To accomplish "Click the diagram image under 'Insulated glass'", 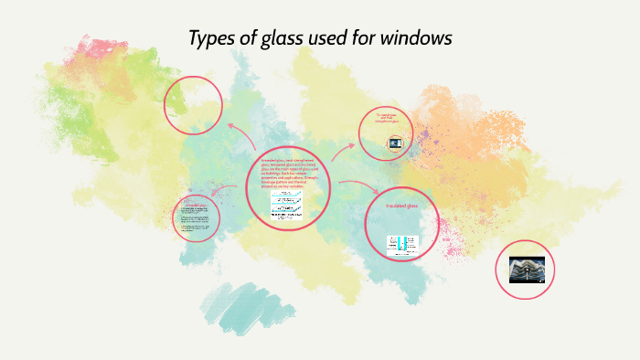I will pyautogui.click(x=400, y=244).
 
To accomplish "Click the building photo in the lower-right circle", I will pyautogui.click(x=532, y=269).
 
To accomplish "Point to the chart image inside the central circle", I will pyautogui.click(x=287, y=205).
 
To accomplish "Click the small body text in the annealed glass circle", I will pyautogui.click(x=195, y=219).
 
